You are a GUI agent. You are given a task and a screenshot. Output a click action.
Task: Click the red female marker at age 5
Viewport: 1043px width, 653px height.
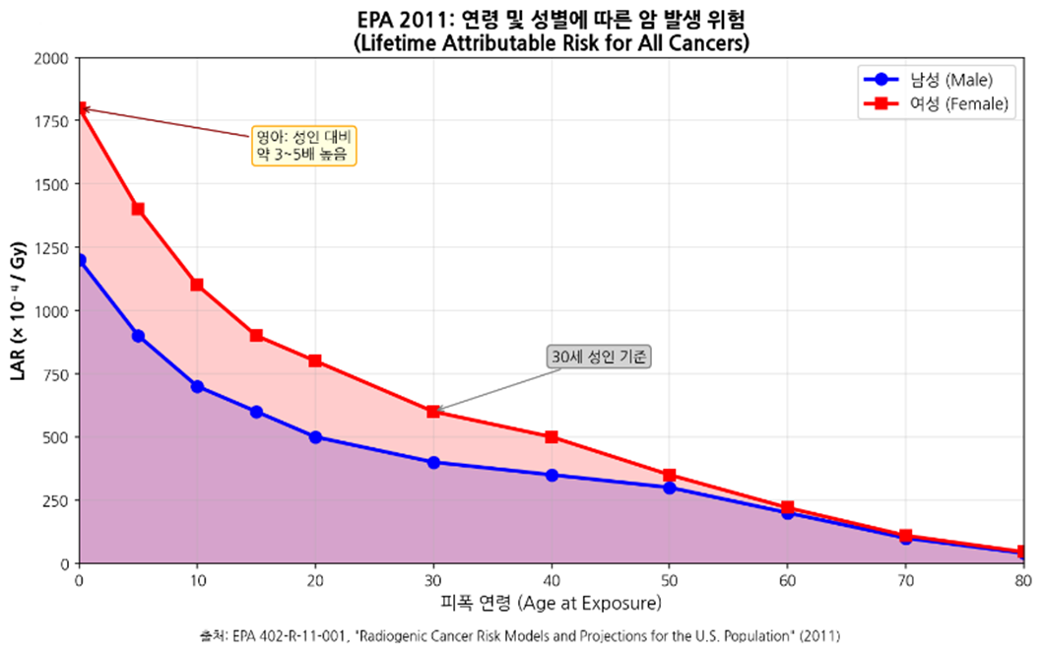point(138,209)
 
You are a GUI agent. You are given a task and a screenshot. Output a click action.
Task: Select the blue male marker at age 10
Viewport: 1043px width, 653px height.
point(197,386)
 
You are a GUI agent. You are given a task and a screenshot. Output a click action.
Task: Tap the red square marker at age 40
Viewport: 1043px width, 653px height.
point(552,436)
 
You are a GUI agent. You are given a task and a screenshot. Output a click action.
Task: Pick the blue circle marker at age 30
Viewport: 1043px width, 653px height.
point(433,462)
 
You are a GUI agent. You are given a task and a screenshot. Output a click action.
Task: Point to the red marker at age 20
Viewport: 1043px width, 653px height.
point(315,360)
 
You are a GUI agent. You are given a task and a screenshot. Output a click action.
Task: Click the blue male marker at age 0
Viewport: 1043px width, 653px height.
point(80,260)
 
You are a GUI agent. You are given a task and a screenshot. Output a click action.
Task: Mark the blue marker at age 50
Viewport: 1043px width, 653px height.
point(670,488)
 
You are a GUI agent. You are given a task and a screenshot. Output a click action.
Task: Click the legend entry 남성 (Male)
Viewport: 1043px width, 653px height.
point(936,80)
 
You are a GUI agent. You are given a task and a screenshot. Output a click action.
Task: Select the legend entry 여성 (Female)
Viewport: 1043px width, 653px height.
point(936,104)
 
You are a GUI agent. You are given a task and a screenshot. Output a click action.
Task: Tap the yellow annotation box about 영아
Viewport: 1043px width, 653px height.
point(303,145)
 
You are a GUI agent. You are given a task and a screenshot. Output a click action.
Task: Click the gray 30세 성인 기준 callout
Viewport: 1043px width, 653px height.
point(601,357)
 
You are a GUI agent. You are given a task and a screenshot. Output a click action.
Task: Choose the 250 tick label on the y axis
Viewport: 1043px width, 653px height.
point(55,501)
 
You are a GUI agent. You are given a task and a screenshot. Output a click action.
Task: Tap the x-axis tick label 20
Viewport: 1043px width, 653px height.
point(315,580)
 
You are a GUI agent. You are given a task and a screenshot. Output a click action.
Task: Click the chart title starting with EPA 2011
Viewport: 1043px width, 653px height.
point(551,20)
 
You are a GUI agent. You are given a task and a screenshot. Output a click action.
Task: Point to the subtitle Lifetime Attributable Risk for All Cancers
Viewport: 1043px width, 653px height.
point(551,42)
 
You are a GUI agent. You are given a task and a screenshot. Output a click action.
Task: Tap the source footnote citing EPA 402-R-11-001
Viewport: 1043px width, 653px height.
point(520,636)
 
